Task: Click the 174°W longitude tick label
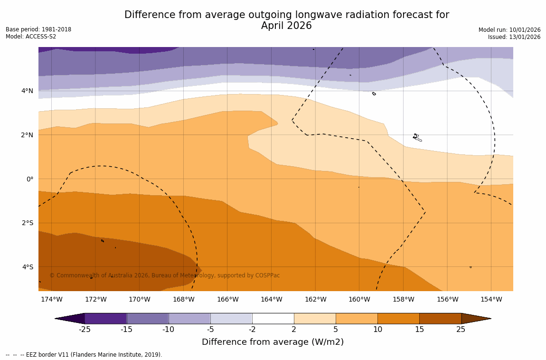click(x=51, y=299)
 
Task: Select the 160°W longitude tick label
click(x=359, y=299)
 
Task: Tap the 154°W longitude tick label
click(x=491, y=299)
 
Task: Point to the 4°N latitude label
click(x=27, y=91)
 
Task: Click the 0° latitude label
click(x=29, y=179)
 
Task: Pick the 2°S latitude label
click(x=27, y=223)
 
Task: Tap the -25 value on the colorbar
click(x=85, y=330)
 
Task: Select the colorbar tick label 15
click(x=419, y=330)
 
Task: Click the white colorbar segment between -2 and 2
click(x=273, y=318)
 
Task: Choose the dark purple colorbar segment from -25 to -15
click(x=105, y=318)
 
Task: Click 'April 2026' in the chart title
click(x=286, y=26)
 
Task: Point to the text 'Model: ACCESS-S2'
click(x=31, y=37)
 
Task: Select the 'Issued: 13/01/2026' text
click(x=514, y=37)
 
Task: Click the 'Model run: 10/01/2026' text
click(x=509, y=30)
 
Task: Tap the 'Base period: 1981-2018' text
click(x=38, y=29)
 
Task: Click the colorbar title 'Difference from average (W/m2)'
click(x=273, y=342)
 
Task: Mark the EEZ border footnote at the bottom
click(x=84, y=355)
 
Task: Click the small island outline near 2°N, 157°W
click(x=416, y=137)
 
